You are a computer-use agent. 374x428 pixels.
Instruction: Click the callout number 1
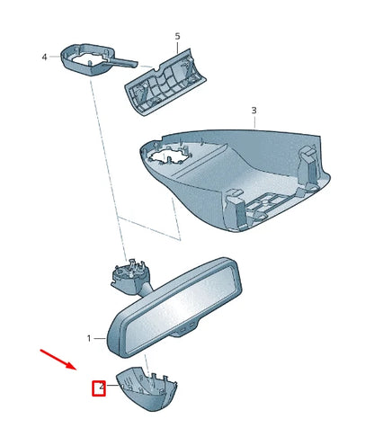pyautogui.click(x=89, y=338)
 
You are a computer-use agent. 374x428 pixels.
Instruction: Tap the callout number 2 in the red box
pyautogui.click(x=101, y=388)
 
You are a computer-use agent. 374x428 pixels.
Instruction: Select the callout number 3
pyautogui.click(x=254, y=111)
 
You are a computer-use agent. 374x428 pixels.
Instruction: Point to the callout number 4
pyautogui.click(x=44, y=57)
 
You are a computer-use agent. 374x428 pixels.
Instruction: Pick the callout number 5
pyautogui.click(x=177, y=37)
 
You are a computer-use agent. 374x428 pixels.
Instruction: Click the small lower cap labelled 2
pyautogui.click(x=145, y=391)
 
